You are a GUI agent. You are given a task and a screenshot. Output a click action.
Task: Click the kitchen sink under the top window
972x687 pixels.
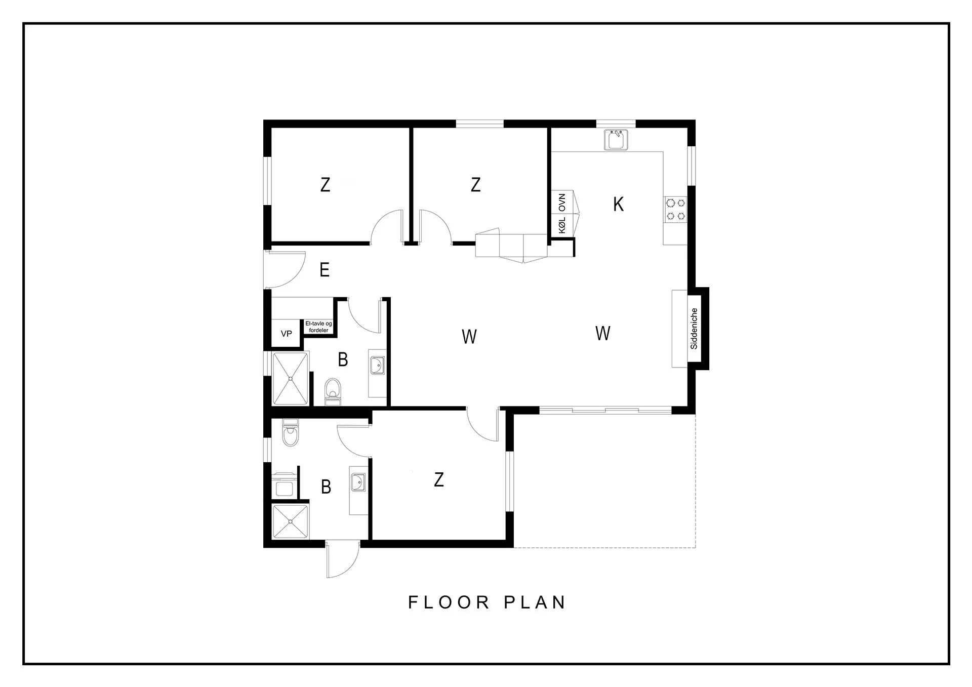pos(616,140)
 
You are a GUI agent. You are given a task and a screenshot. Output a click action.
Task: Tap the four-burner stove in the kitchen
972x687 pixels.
pos(676,210)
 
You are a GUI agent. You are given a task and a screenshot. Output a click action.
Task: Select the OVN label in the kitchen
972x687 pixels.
pos(562,203)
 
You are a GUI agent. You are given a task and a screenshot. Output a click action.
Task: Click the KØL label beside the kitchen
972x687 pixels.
pos(562,225)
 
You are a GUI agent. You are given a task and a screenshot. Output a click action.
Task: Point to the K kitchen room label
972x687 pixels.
pos(618,205)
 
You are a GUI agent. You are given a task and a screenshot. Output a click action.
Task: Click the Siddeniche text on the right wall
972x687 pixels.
pos(694,329)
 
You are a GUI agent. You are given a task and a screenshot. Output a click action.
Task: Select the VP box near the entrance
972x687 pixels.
pos(287,334)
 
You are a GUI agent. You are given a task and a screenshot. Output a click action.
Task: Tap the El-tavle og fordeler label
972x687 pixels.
pos(319,327)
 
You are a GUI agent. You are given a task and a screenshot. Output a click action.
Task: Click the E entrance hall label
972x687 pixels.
pos(325,270)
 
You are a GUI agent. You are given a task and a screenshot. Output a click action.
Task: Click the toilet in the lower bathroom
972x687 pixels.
pos(290,433)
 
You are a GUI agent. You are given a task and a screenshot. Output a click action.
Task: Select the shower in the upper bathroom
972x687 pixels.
pos(291,379)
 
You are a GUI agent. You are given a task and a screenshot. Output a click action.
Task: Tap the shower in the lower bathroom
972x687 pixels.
pos(291,521)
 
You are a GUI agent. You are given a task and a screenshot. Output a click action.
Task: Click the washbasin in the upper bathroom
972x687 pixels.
pos(377,365)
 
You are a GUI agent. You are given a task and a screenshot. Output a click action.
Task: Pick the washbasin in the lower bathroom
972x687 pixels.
pos(358,482)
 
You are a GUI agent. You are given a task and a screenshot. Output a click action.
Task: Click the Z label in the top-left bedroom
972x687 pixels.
pos(326,185)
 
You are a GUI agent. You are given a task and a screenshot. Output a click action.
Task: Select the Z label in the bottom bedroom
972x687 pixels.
pos(439,479)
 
